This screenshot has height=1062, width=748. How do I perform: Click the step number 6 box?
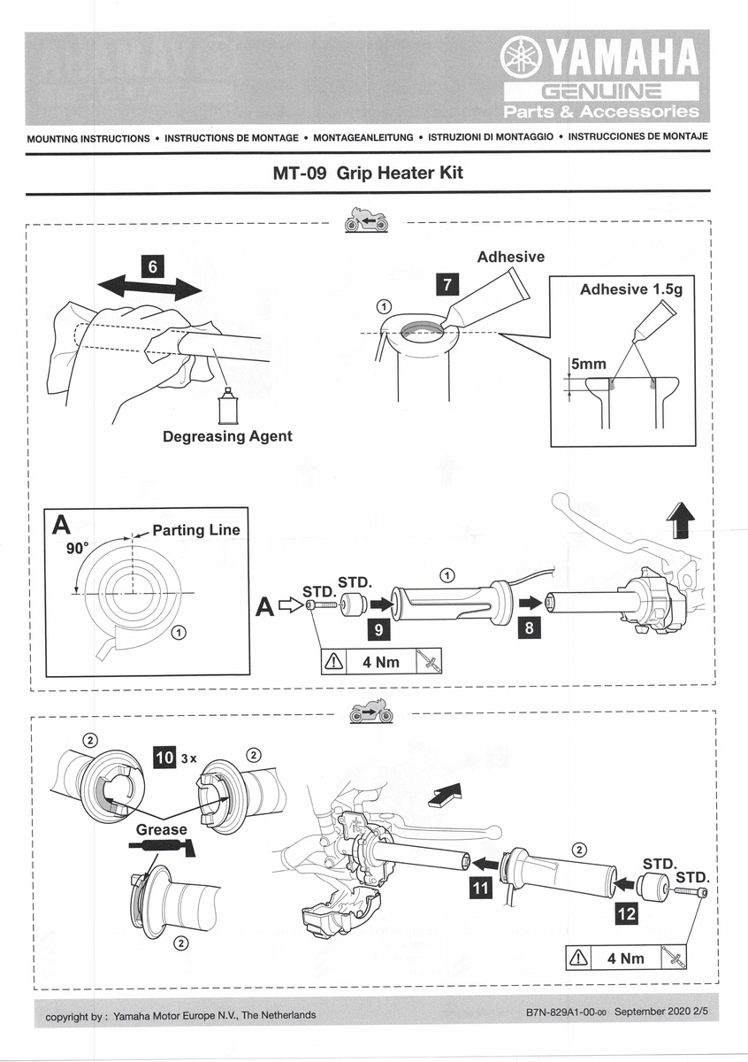tap(152, 265)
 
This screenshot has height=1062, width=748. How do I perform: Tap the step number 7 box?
tap(448, 284)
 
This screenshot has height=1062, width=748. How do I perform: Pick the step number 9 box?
tap(378, 630)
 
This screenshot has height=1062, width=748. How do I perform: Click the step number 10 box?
tap(164, 758)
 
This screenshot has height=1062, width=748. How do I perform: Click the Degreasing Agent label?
tap(227, 436)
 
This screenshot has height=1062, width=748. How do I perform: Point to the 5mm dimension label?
tap(587, 364)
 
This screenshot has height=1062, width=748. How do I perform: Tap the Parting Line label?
tap(195, 530)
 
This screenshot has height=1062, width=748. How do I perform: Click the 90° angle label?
tap(78, 549)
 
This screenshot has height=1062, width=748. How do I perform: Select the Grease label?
tap(162, 829)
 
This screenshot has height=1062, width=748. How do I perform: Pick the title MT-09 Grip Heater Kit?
tap(369, 173)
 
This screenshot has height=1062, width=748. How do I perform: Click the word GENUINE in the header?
tap(601, 91)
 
